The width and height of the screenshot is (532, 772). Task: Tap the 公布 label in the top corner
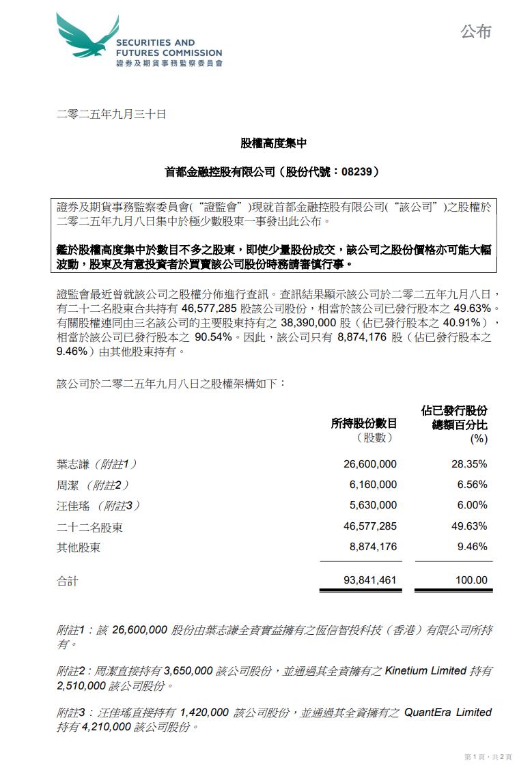point(476,31)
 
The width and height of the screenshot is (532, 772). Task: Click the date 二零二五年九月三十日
point(111,115)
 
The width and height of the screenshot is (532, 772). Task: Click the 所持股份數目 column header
point(363,424)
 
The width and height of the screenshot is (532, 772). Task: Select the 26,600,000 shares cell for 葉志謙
point(369,464)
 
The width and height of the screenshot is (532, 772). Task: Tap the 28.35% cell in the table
point(471,464)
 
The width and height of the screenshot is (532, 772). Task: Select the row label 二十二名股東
point(89,527)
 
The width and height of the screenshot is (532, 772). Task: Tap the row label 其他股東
point(79,547)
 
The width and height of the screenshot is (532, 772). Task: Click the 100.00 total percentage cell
point(471,580)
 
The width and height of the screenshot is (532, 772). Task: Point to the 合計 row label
point(68,581)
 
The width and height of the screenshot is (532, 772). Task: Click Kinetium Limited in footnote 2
point(425,671)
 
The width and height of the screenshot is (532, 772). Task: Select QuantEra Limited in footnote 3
point(448,712)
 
